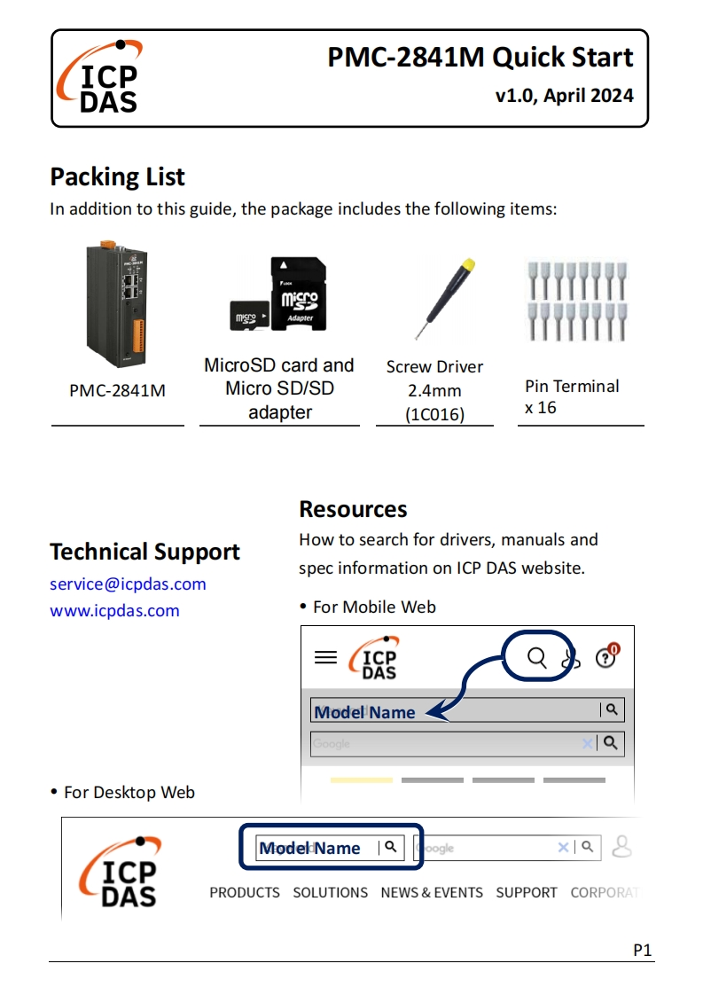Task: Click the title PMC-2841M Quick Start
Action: click(x=480, y=58)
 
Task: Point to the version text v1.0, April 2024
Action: click(x=565, y=96)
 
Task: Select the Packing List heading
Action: click(x=117, y=176)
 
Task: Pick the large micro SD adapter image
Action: click(x=298, y=294)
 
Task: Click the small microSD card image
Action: click(x=249, y=314)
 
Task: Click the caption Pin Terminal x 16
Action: click(x=572, y=396)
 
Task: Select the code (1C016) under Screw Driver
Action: click(x=434, y=413)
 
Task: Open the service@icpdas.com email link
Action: click(x=128, y=584)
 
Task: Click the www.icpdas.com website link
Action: click(x=114, y=610)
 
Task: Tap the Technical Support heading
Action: click(x=145, y=552)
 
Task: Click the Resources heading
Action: click(x=353, y=509)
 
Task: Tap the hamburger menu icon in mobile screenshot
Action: click(x=326, y=657)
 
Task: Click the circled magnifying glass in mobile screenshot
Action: click(x=537, y=657)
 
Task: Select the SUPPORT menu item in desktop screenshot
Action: click(x=527, y=892)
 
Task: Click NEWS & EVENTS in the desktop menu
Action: click(x=432, y=892)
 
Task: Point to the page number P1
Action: click(x=643, y=950)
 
